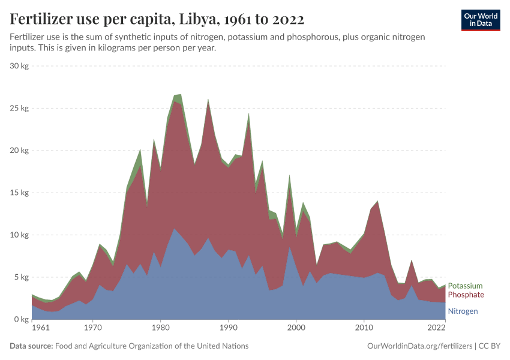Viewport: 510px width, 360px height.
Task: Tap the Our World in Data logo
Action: [x=480, y=20]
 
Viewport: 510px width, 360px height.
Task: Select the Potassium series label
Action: [x=465, y=286]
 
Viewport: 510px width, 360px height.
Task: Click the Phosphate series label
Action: [x=465, y=295]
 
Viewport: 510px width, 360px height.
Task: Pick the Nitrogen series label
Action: [x=463, y=311]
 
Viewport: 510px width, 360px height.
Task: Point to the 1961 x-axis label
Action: [x=40, y=329]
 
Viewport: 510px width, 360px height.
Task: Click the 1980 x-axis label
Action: [x=160, y=329]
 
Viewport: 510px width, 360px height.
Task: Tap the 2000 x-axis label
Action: [x=296, y=329]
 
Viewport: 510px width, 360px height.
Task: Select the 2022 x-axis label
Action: [x=436, y=329]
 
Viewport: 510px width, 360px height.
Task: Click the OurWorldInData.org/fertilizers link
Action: [x=419, y=346]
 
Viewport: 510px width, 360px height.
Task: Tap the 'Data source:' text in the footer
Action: [x=31, y=346]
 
